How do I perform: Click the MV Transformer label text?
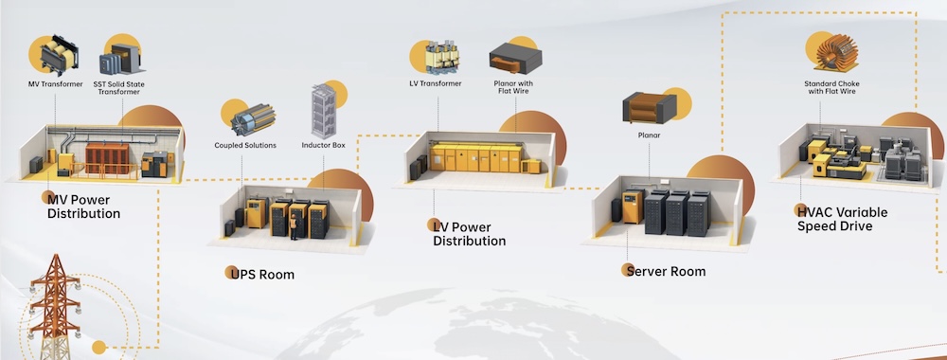tap(55, 84)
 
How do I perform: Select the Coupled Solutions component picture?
tap(253, 119)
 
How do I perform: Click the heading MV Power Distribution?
tap(84, 206)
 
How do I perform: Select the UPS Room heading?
tap(263, 275)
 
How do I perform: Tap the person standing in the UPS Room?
tap(294, 225)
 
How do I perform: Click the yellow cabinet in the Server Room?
tap(632, 206)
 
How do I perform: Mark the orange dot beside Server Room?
tap(627, 270)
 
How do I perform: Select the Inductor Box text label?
tap(322, 145)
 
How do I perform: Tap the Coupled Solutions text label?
tap(244, 145)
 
